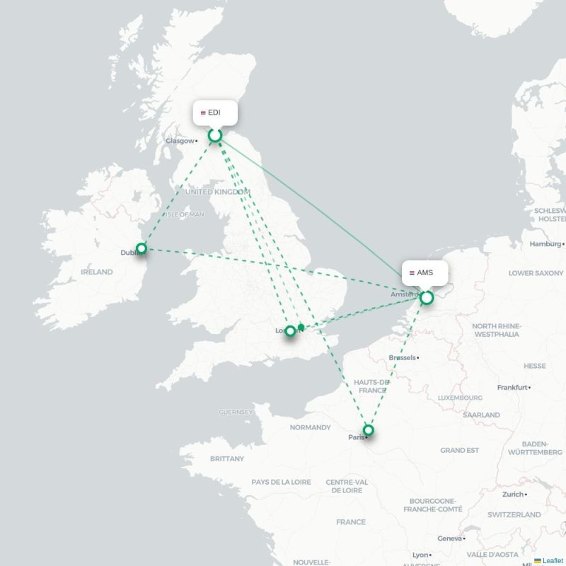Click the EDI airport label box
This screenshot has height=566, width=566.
[x=215, y=112]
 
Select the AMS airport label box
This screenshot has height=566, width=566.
[x=425, y=272]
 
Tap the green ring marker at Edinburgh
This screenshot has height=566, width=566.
[x=215, y=135]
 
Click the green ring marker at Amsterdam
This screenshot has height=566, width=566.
[x=427, y=298]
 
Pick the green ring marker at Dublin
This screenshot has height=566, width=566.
[x=141, y=248]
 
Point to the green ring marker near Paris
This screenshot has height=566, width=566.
[x=368, y=429]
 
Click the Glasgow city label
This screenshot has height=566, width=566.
[x=180, y=141]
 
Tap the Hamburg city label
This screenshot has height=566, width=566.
[x=545, y=244]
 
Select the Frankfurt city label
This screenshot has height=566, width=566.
[x=512, y=388]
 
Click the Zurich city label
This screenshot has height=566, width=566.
[x=513, y=495]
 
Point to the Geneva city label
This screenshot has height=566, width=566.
[x=449, y=538]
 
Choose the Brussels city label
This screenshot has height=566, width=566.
[x=402, y=358]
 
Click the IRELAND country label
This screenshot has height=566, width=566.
[x=96, y=272]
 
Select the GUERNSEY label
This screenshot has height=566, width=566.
[x=236, y=412]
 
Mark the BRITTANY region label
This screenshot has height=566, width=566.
[x=226, y=459]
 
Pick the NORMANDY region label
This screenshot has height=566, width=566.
[x=310, y=427]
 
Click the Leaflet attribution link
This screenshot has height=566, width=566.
[x=553, y=560]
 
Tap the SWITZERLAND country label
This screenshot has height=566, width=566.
[x=514, y=515]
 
